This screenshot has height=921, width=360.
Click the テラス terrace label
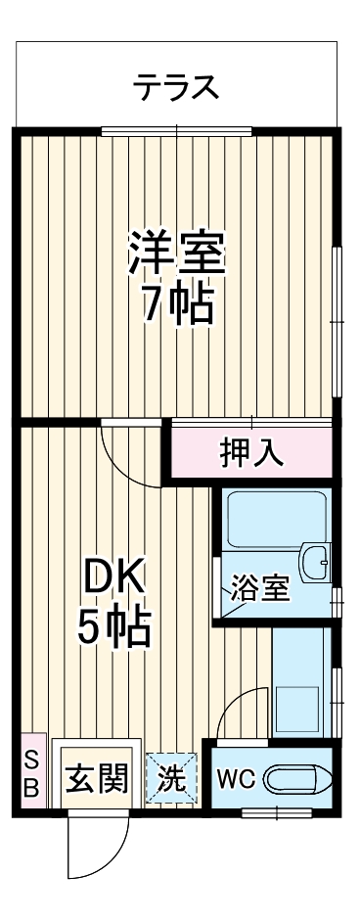[x=176, y=88]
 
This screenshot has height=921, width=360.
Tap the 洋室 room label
[x=177, y=253]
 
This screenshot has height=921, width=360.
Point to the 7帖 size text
[x=177, y=305]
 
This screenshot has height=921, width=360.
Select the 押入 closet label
[x=251, y=452]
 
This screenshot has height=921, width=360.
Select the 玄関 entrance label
[x=96, y=779]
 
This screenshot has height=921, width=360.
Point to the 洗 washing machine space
[x=171, y=779]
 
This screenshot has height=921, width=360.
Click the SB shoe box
[x=30, y=772]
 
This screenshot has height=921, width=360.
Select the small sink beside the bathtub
[x=315, y=562]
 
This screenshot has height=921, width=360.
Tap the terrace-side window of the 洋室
[x=176, y=130]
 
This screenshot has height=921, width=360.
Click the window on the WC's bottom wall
[x=276, y=811]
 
